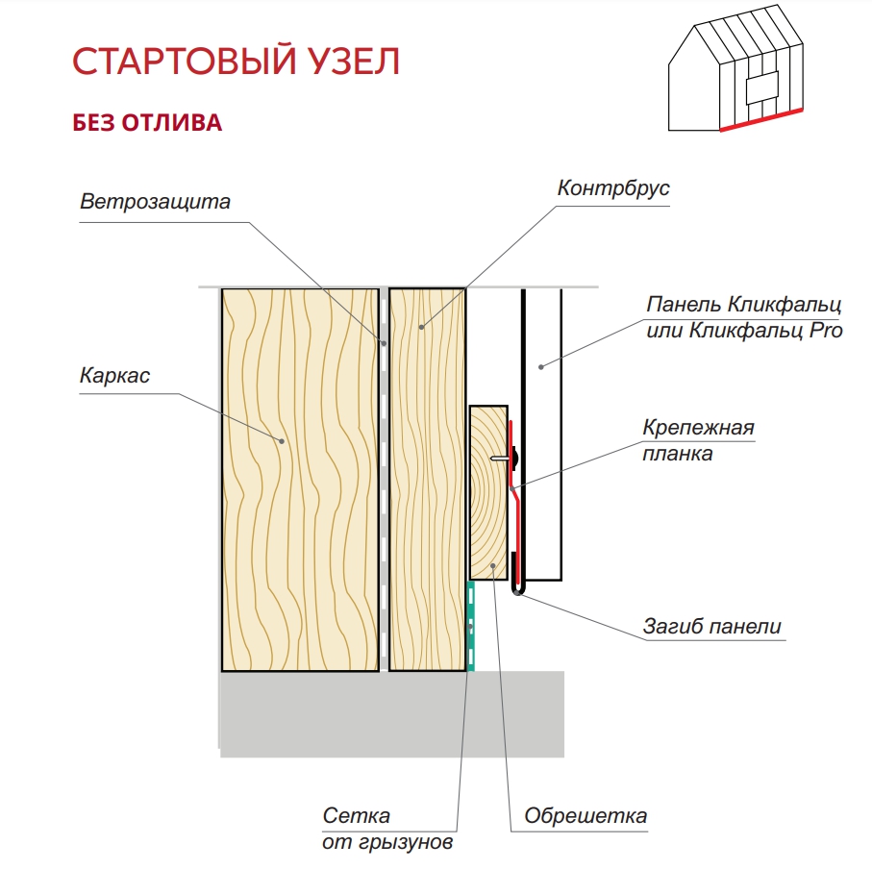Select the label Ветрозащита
point(156,202)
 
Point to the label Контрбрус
point(613,188)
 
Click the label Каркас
point(114,375)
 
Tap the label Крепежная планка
point(698,440)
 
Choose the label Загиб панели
point(712,628)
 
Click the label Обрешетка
point(585,817)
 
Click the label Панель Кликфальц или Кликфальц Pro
point(744,318)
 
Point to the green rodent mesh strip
point(471,625)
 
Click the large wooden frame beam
point(301,481)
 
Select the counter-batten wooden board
point(427,481)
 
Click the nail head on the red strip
point(516,459)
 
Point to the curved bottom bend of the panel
point(517,590)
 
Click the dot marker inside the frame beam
point(282,441)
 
